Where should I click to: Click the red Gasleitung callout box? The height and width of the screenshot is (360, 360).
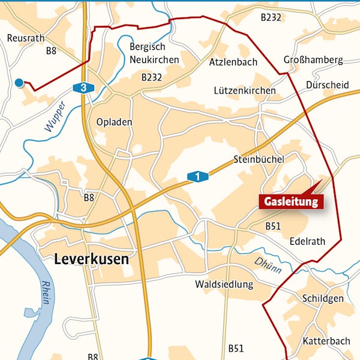[291, 202]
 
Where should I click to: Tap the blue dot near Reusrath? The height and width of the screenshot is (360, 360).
[19, 82]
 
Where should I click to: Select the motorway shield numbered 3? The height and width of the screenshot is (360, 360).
[83, 88]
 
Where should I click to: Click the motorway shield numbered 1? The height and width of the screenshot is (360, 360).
[197, 176]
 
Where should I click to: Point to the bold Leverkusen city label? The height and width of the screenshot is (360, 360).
[91, 260]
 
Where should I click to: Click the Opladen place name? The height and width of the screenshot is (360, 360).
[114, 122]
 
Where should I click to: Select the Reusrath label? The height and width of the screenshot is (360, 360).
[26, 38]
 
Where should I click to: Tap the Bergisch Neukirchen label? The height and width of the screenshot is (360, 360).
[154, 54]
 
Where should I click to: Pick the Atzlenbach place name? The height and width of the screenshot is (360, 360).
[233, 62]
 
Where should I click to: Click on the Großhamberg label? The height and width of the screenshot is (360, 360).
[313, 60]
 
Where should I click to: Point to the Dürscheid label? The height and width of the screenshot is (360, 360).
[327, 85]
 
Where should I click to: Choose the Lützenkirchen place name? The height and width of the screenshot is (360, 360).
[245, 91]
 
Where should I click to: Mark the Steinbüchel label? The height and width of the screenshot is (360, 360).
[259, 160]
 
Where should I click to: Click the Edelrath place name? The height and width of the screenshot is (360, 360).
[307, 242]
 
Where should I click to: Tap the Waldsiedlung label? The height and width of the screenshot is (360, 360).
[224, 284]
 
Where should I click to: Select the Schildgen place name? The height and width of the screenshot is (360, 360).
[323, 299]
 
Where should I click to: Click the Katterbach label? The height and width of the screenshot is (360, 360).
[326, 341]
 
